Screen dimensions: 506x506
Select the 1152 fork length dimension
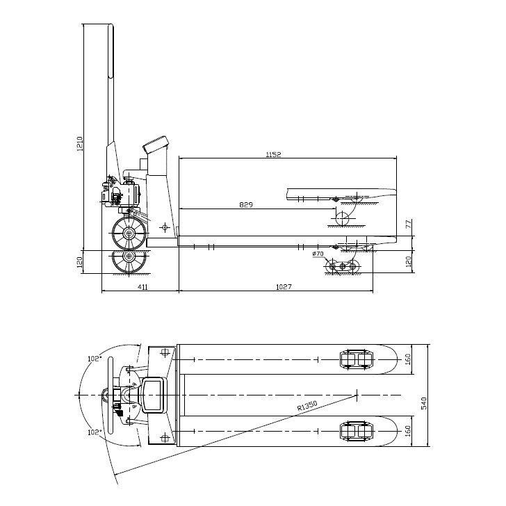[x=274, y=154]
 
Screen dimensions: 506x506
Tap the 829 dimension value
[x=245, y=205]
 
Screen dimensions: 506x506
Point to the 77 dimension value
[x=409, y=225]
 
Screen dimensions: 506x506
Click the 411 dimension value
[x=142, y=286]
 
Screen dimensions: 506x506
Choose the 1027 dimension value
[x=283, y=286]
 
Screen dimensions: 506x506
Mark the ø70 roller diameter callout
[x=318, y=255]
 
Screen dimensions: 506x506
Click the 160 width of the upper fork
[x=409, y=359]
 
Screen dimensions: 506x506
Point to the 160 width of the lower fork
[x=409, y=432]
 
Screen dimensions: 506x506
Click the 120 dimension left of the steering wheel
[x=80, y=261]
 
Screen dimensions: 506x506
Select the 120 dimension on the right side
[x=409, y=261]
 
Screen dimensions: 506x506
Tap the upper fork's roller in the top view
[x=355, y=359]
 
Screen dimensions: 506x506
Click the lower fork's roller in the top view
[x=355, y=432]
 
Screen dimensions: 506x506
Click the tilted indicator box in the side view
[x=156, y=145]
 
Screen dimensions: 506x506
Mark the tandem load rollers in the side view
[x=343, y=267]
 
